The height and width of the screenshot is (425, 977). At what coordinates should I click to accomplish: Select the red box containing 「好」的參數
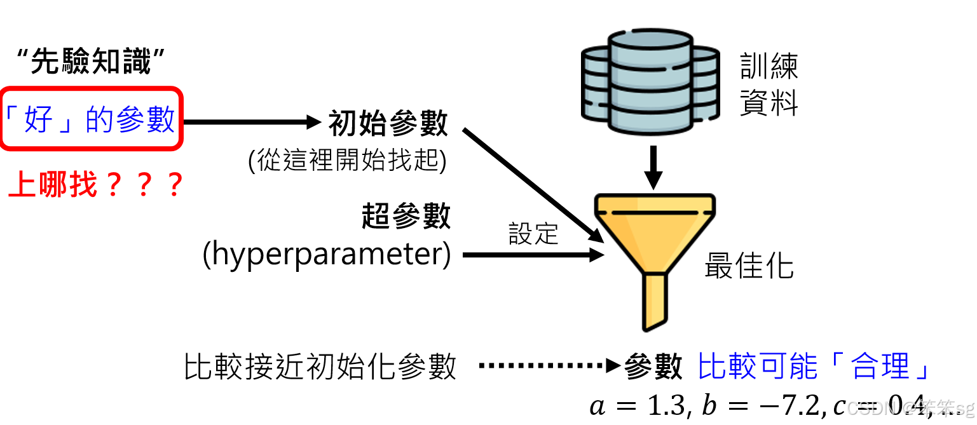tap(92, 119)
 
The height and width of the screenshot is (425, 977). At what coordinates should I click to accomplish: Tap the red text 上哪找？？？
tap(95, 185)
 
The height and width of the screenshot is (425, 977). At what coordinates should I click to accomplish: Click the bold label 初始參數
tap(388, 123)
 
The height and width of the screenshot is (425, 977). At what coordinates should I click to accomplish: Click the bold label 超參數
tap(406, 217)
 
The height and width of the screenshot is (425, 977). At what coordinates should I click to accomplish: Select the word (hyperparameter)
tap(326, 255)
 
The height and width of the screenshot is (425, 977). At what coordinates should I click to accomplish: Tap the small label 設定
tap(533, 234)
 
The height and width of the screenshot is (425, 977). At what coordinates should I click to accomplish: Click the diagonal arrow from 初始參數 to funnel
tap(533, 185)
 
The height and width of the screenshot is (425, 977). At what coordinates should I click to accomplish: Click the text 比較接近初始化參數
tap(320, 367)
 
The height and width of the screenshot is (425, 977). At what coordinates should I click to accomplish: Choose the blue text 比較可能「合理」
tap(814, 366)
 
